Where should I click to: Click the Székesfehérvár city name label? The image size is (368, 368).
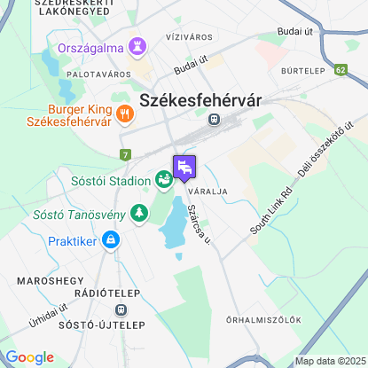201,100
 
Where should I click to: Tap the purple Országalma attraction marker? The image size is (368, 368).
138,44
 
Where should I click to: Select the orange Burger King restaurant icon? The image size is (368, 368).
123,113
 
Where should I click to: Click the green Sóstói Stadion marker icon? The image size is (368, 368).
164,180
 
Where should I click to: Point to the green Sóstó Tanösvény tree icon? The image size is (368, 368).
138,212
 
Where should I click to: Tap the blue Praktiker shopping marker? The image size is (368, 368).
110,239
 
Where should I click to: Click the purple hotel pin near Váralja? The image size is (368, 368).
184,166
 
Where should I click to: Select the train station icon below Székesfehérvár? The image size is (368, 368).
214,118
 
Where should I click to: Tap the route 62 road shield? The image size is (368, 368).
341,67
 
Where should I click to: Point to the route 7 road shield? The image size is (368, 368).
126,155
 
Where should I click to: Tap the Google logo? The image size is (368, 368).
29,356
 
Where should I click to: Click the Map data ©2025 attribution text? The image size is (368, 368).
330,361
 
